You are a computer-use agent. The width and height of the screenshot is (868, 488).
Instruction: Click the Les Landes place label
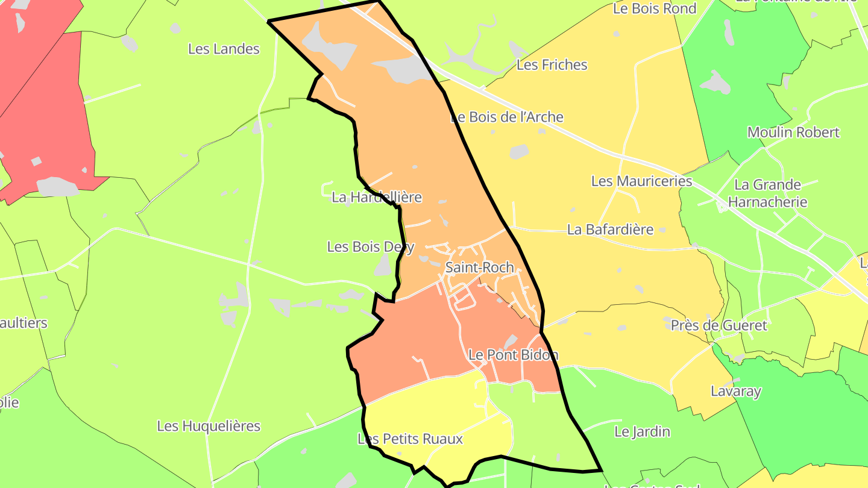pyautogui.click(x=224, y=49)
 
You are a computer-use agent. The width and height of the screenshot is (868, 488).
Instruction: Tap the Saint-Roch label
pyautogui.click(x=479, y=267)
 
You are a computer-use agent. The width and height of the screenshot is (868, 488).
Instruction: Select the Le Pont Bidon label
pyautogui.click(x=513, y=355)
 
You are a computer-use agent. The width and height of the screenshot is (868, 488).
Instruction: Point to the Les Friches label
pyautogui.click(x=552, y=64)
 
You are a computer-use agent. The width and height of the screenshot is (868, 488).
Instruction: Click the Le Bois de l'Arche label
pyautogui.click(x=507, y=117)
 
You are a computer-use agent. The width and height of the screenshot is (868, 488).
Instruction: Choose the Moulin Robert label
pyautogui.click(x=793, y=132)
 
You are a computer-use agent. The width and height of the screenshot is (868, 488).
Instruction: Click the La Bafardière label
pyautogui.click(x=610, y=229)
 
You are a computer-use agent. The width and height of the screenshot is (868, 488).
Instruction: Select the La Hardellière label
pyautogui.click(x=377, y=197)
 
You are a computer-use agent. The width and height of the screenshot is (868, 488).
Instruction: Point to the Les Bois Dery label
pyautogui.click(x=371, y=246)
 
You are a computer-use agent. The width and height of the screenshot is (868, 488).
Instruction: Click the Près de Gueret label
pyautogui.click(x=719, y=325)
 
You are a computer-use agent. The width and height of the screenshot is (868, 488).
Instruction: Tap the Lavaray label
pyautogui.click(x=735, y=391)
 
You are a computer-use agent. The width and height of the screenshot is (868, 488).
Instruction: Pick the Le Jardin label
pyautogui.click(x=642, y=431)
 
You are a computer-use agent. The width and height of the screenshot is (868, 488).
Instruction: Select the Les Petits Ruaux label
pyautogui.click(x=410, y=439)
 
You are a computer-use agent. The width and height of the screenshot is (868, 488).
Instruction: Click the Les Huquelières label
pyautogui.click(x=209, y=426)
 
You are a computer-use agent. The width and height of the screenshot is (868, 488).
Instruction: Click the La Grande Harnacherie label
pyautogui.click(x=767, y=193)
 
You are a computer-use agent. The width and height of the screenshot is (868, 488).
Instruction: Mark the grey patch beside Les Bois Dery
pyautogui.click(x=382, y=266)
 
